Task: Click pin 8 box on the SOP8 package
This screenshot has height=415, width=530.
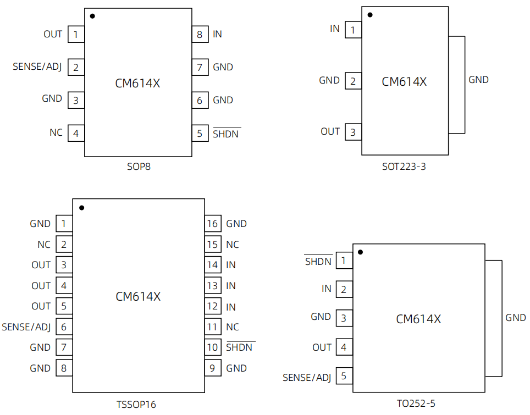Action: click(x=200, y=34)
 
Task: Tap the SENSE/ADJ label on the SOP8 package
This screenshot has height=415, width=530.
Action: click(x=37, y=67)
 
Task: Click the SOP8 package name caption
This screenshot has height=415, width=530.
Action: click(x=139, y=167)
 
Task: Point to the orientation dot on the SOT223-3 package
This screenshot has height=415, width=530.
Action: click(x=370, y=15)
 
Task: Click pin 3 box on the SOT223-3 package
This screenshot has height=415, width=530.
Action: click(x=353, y=132)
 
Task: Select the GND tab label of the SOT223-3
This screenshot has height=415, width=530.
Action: click(x=478, y=80)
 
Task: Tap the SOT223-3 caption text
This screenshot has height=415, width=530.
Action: click(x=404, y=167)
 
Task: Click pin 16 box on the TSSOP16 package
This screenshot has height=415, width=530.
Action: click(x=213, y=223)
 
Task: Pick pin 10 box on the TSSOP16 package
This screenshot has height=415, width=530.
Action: click(x=213, y=347)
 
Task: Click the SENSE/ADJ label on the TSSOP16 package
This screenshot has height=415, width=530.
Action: click(x=26, y=327)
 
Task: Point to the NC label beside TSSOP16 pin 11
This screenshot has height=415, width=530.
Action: click(x=232, y=327)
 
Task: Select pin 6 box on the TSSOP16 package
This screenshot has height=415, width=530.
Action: click(x=64, y=327)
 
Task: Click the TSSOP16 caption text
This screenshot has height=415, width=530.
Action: click(x=136, y=405)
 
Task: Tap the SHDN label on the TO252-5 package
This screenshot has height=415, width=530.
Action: click(x=318, y=261)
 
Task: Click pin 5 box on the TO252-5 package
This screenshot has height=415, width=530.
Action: click(x=344, y=376)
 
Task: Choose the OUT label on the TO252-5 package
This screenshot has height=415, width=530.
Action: click(x=322, y=347)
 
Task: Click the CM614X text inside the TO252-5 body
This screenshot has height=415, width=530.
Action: click(x=418, y=319)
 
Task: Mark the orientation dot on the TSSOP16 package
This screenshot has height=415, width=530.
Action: click(x=82, y=208)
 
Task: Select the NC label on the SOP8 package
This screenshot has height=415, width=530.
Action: click(x=56, y=132)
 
